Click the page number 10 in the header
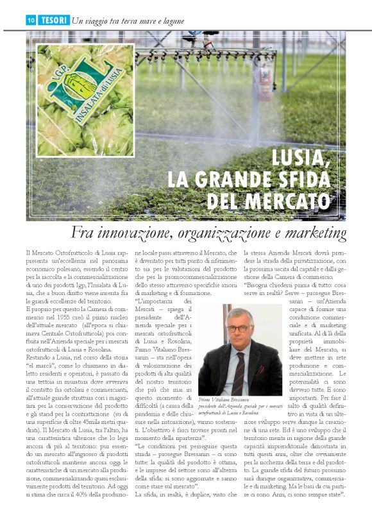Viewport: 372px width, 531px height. pyautogui.click(x=31, y=21)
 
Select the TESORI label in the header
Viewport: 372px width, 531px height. pyautogui.click(x=53, y=21)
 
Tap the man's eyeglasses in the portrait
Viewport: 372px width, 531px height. pyautogui.click(x=238, y=328)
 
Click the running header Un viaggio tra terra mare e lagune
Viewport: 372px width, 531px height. pyautogui.click(x=128, y=21)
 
